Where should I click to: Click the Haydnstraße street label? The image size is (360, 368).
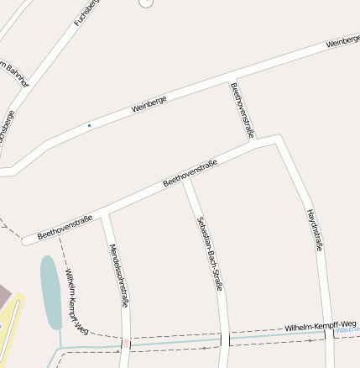(x=315, y=230)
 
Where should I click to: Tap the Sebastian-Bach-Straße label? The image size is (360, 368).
(x=209, y=253)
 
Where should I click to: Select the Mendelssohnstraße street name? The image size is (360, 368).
(x=119, y=275)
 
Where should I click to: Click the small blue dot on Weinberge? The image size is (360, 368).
(x=89, y=126)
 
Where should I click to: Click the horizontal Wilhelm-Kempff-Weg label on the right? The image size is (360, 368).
(x=321, y=325)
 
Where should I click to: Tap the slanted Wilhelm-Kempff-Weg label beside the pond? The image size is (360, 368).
(x=76, y=302)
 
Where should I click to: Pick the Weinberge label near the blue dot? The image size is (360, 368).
(x=149, y=104)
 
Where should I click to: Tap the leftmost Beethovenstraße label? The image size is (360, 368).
(x=65, y=226)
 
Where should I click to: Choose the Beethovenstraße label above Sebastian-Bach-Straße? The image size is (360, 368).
(x=190, y=172)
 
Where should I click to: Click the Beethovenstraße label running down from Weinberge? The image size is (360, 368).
(x=242, y=110)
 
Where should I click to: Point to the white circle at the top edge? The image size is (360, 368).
(x=146, y=3)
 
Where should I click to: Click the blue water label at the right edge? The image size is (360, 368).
(x=347, y=330)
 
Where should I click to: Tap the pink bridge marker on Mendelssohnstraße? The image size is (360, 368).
(x=126, y=343)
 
